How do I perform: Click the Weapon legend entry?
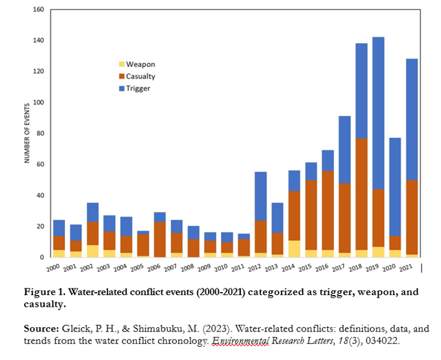(x=141, y=64)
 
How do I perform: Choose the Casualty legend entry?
(x=141, y=76)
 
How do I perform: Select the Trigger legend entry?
(x=138, y=88)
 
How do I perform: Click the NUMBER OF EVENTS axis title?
(x=27, y=134)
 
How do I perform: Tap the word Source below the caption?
(x=40, y=328)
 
